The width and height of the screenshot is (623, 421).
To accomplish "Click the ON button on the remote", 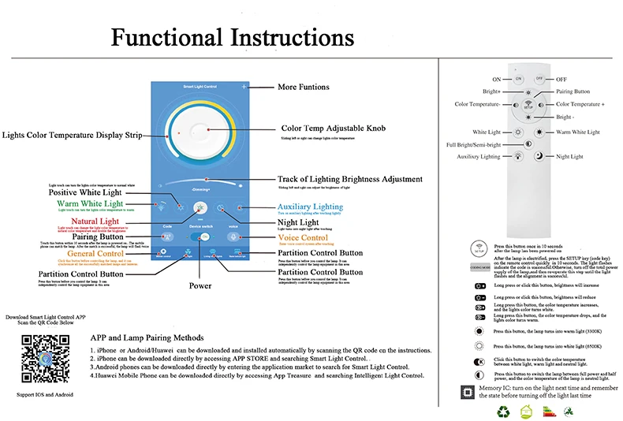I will pyautogui.click(x=518, y=79).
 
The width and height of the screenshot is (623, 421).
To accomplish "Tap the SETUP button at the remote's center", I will pyautogui.click(x=528, y=104).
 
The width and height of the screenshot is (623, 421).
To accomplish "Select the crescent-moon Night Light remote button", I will pyautogui.click(x=539, y=157).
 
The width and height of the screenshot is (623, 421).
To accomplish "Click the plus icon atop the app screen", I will pyautogui.click(x=244, y=85).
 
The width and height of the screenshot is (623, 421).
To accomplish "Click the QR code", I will pyautogui.click(x=40, y=358).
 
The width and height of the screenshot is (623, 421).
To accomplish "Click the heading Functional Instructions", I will pyautogui.click(x=232, y=38).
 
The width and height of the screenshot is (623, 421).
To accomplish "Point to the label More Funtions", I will pyautogui.click(x=304, y=87).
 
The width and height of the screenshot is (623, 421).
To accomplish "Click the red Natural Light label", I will pyautogui.click(x=95, y=222).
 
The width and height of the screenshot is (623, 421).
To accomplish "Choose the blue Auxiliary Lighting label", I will pyautogui.click(x=310, y=206).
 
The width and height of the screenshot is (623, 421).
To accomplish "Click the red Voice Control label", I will pyautogui.click(x=303, y=237).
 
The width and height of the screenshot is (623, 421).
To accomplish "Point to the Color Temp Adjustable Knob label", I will pyautogui.click(x=333, y=128).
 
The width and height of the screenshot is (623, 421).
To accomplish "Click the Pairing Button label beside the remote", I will pyautogui.click(x=573, y=91).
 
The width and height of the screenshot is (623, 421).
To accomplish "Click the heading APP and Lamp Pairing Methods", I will pyautogui.click(x=147, y=337).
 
